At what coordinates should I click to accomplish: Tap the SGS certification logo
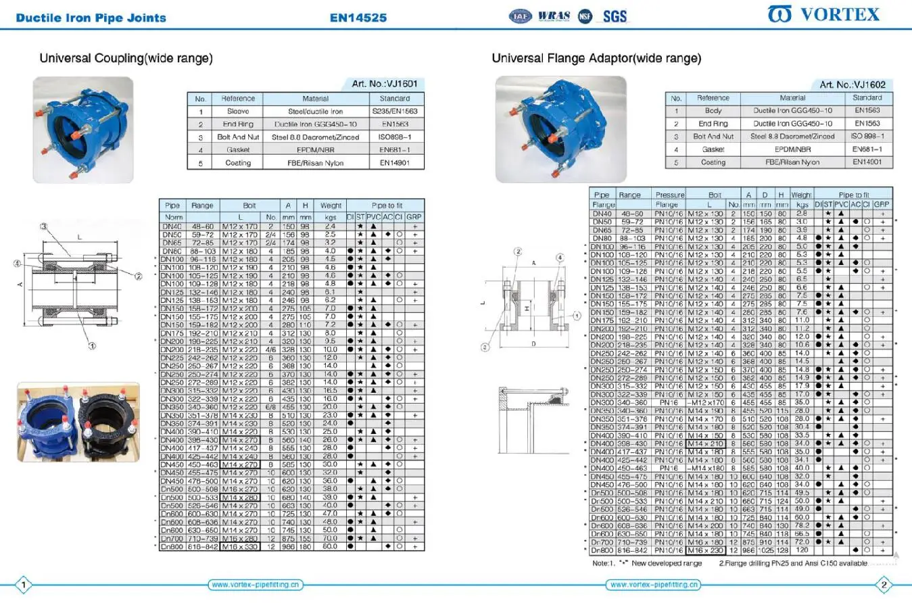point(615,16)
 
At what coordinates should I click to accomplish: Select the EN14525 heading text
point(358,18)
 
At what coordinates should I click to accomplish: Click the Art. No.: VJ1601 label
point(385,84)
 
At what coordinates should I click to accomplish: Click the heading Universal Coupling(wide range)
point(126,59)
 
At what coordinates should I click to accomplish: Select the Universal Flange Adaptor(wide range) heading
point(596,59)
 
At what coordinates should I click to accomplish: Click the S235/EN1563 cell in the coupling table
point(394,111)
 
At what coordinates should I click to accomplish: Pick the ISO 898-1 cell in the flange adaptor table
point(867,137)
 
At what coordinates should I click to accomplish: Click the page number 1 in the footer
point(24,585)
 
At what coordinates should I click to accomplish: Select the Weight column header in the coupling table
point(331,206)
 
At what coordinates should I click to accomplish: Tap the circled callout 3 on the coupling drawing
point(43,226)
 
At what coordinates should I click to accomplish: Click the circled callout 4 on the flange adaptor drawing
point(560,258)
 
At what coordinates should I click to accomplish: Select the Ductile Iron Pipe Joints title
point(91,18)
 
